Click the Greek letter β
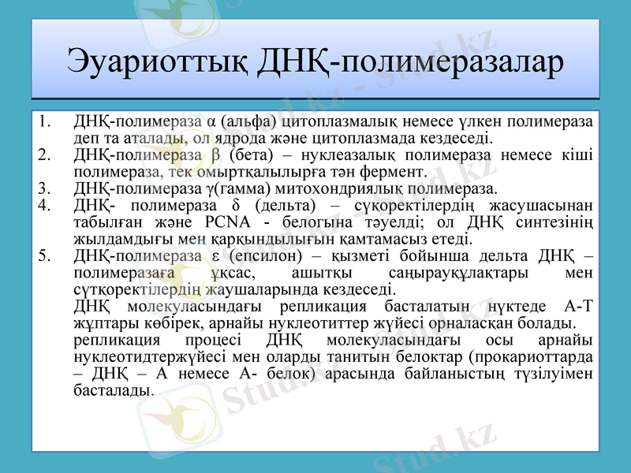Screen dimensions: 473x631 point(237,155)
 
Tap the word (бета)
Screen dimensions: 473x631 point(275,155)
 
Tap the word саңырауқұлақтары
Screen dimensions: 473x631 point(455,273)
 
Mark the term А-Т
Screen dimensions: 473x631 point(580,307)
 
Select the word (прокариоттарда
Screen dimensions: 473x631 point(530,357)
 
